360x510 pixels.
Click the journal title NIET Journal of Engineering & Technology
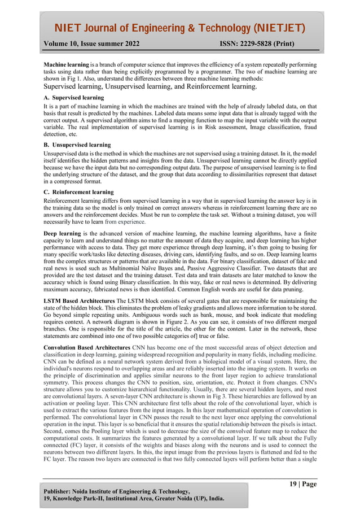pyautogui.click(x=179, y=28)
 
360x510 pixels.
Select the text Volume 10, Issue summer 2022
pyautogui.click(x=92, y=43)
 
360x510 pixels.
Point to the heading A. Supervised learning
pyautogui.click(x=73, y=98)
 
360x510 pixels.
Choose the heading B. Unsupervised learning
pyautogui.click(x=77, y=145)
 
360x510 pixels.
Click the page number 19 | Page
pyautogui.click(x=303, y=484)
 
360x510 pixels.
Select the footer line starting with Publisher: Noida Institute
pyautogui.click(x=117, y=491)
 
